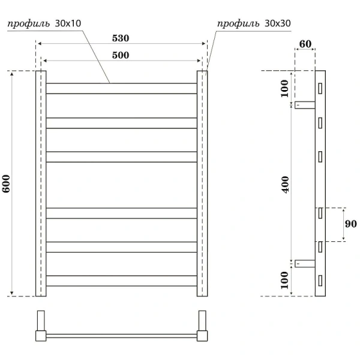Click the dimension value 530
(120, 38)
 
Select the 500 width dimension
(120, 55)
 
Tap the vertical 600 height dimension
(7, 183)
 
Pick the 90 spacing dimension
(352, 224)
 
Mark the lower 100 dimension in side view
(284, 279)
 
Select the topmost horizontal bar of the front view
(122, 88)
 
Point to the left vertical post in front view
(41, 183)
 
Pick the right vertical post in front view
(202, 183)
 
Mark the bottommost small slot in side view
(320, 280)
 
